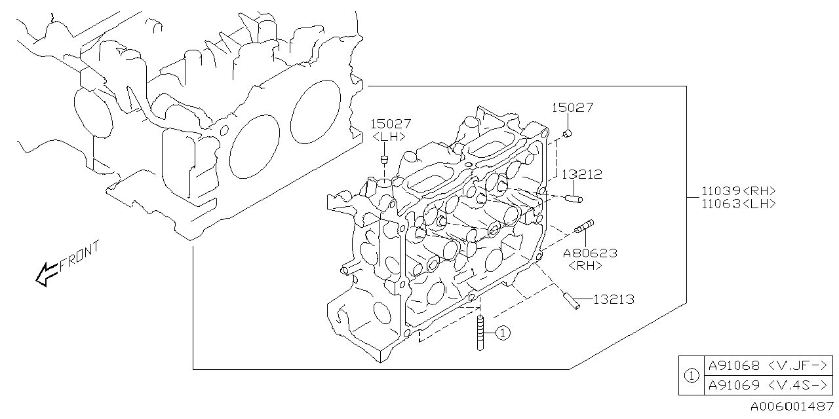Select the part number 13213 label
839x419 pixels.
[614, 300]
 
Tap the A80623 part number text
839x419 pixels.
[590, 253]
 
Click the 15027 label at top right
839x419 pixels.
[572, 108]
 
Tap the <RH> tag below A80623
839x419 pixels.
[585, 265]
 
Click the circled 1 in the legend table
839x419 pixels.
[690, 376]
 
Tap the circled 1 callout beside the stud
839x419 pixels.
[502, 333]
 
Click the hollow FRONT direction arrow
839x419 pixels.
[46, 274]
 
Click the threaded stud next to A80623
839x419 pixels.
[583, 227]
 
